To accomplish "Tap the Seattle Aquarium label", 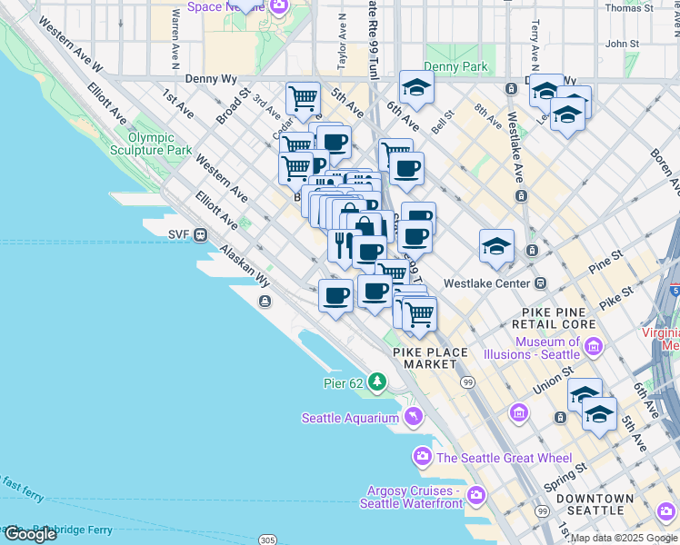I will [x=350, y=418].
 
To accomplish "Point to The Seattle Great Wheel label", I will [x=505, y=458].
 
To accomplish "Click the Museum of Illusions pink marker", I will [x=595, y=346].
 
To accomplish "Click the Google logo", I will [x=29, y=534].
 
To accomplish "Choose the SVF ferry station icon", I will [x=199, y=233].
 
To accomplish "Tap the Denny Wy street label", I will [x=211, y=79].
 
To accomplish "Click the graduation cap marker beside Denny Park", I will [x=416, y=87].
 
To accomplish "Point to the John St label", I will [x=622, y=44].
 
